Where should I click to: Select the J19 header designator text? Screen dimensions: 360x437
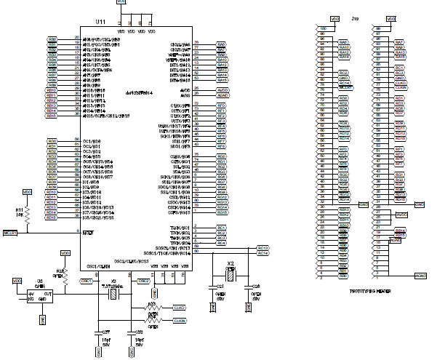coord(354,19)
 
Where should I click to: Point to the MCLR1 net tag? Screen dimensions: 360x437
coord(10,233)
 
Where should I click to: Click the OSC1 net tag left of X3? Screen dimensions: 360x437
coord(85,281)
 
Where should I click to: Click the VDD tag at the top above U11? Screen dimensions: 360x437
coord(121,3)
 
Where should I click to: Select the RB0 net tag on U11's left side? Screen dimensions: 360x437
coord(52,39)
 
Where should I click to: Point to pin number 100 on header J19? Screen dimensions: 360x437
coord(322,28)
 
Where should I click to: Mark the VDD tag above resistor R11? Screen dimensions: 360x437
coord(27,191)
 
